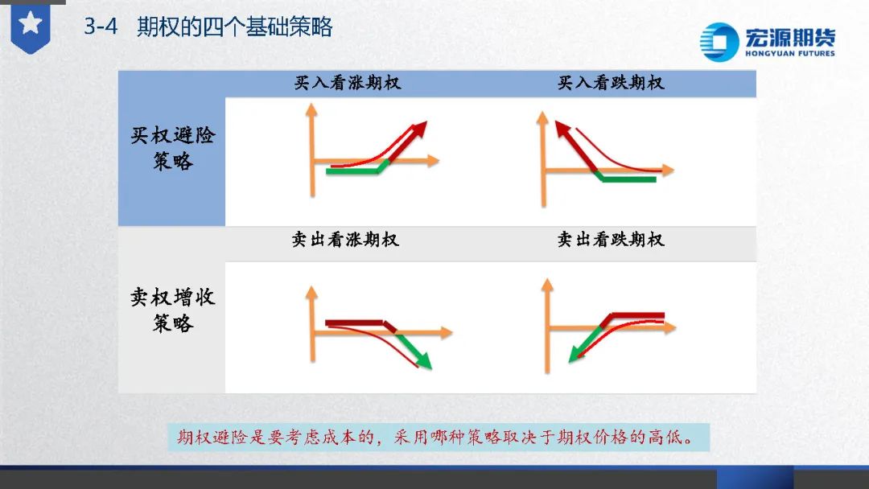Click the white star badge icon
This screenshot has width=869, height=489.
coord(31,24)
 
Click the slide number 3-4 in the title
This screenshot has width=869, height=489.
coord(101,27)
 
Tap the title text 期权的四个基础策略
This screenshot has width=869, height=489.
coord(234,27)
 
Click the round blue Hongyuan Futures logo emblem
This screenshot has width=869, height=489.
coord(719,42)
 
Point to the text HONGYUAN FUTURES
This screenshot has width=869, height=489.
coord(790,54)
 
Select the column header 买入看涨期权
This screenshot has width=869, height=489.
coord(348,83)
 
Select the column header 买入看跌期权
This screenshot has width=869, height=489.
coord(611,83)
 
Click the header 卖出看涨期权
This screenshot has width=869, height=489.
coord(345,240)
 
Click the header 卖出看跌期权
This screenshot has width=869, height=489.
coord(611,240)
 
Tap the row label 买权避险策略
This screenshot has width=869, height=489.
coord(173,149)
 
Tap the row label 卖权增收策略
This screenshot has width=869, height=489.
coord(173,310)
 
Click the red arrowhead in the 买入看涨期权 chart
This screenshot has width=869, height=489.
coord(419,129)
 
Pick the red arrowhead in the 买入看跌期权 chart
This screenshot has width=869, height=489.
coord(563,129)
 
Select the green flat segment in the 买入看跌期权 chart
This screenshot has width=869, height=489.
coord(628,179)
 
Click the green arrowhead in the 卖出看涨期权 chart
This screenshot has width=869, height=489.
coord(423,361)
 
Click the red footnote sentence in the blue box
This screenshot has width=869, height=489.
coord(435,438)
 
